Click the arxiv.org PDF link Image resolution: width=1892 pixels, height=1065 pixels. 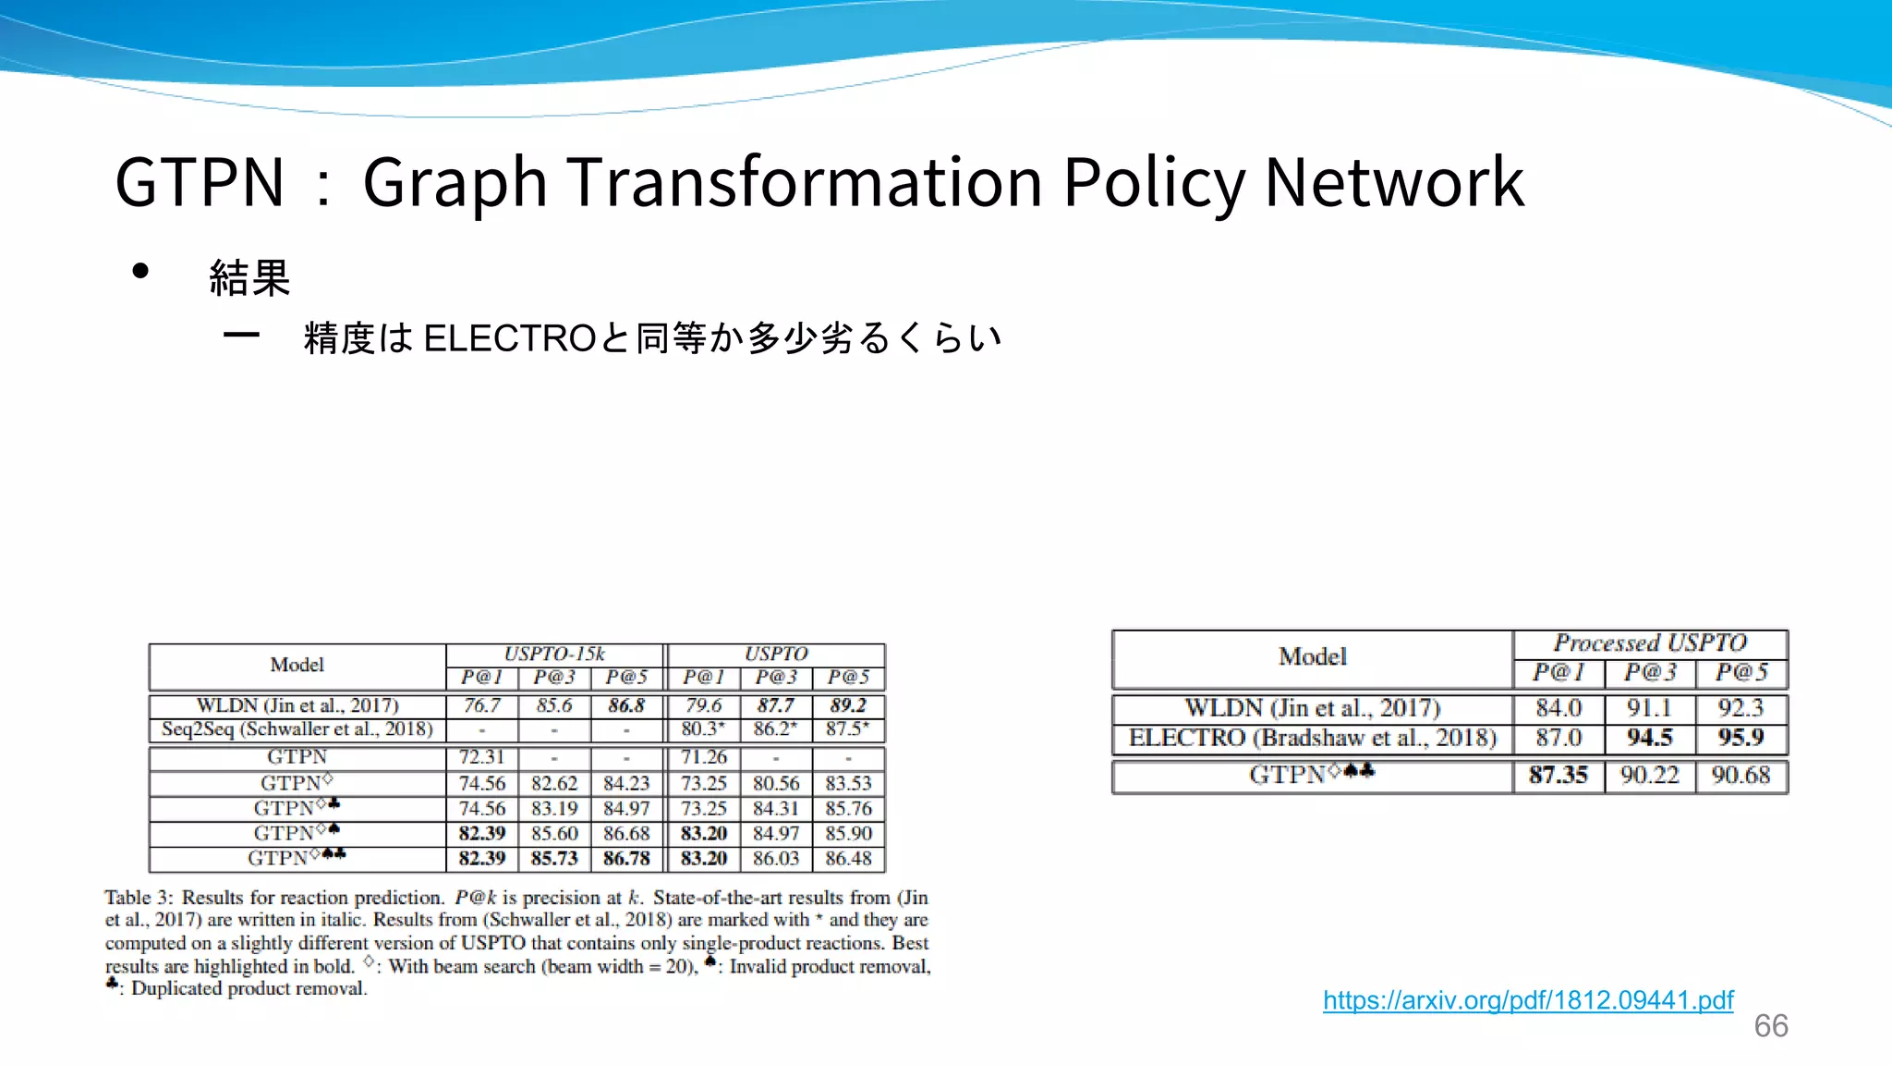(1528, 1000)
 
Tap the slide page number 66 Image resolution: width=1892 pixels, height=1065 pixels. (1771, 1026)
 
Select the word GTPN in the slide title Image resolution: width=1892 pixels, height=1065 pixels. (200, 181)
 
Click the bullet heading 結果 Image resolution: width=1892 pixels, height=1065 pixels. (249, 277)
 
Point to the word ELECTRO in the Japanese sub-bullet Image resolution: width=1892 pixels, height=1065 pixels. (509, 338)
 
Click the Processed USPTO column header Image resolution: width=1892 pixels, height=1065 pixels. (1650, 643)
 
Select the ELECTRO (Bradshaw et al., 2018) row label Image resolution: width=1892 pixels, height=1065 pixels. (1312, 738)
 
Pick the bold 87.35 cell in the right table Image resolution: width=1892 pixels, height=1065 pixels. (1558, 775)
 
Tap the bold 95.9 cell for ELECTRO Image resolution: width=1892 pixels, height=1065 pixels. (1740, 738)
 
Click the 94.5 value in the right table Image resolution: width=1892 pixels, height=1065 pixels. (1650, 738)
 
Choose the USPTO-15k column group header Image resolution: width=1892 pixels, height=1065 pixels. (554, 654)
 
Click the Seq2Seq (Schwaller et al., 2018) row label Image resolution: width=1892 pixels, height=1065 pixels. (297, 729)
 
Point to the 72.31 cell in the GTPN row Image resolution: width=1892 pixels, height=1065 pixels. (482, 757)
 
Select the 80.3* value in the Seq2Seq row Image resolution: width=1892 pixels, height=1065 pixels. (703, 729)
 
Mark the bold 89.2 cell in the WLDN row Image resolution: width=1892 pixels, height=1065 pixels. (848, 705)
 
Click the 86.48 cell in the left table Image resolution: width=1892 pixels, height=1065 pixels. (848, 858)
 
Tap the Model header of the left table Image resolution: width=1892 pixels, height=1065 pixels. (297, 665)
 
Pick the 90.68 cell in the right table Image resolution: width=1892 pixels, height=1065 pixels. (1740, 775)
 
